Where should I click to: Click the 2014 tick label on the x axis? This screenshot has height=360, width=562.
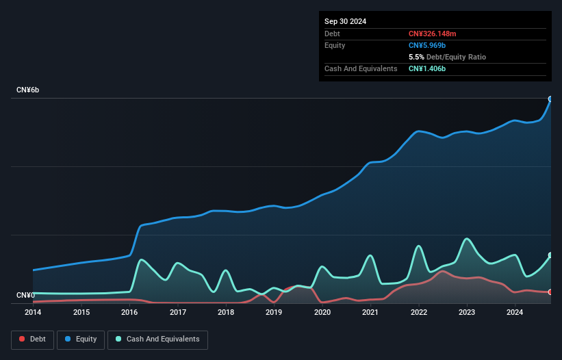pos(33,313)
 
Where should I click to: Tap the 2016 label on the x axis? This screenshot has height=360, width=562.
pos(129,313)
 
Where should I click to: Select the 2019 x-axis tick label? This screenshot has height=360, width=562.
pos(274,313)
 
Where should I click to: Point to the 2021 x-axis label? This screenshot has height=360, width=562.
pos(370,313)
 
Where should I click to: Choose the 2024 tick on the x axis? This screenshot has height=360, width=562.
pos(515,313)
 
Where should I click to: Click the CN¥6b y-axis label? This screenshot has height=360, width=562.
pos(28,90)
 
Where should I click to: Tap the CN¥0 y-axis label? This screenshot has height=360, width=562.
pos(26,296)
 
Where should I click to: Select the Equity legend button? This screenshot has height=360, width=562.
pos(81,339)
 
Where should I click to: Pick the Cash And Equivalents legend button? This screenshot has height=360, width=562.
pos(157,339)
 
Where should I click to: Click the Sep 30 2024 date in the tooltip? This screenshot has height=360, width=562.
pos(345,21)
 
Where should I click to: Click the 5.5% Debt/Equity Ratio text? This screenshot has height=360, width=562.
pos(447,57)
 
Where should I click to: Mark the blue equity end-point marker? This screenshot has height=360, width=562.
pos(550,99)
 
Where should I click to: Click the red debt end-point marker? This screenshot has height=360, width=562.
pos(550,292)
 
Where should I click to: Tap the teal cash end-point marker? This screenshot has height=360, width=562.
pos(550,255)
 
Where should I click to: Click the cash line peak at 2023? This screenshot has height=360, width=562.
pos(467,239)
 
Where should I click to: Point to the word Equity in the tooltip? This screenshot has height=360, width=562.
pos(335,45)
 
